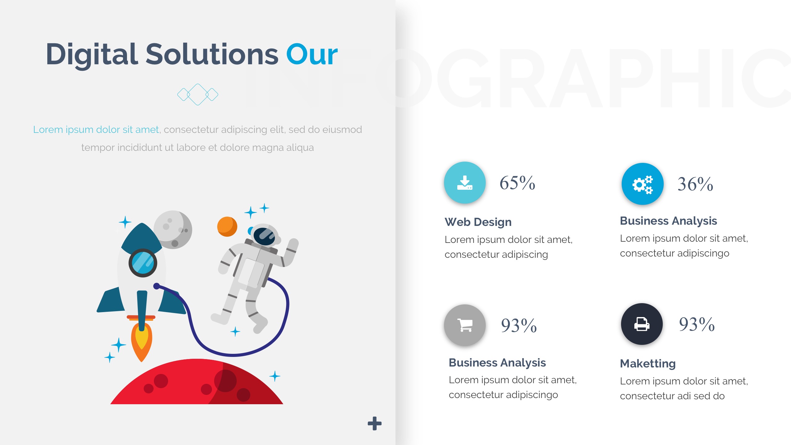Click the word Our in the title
pos(312,55)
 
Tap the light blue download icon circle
pos(465,182)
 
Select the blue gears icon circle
pos(642,184)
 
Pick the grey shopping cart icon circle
pos(465,325)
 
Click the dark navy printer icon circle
pos(642,324)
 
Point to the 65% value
pos(517,183)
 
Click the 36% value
pos(695,184)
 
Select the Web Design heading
pos(478,222)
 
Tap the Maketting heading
pos(648,363)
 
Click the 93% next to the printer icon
pos(697,324)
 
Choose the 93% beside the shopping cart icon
pos(519,326)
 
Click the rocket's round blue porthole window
pos(143,263)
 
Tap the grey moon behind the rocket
pos(173,230)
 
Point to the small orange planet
pos(227,227)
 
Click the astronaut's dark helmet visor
pos(264,236)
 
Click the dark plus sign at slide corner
pos(374,423)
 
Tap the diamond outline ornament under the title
pos(198,95)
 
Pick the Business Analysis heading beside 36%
pos(668,221)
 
